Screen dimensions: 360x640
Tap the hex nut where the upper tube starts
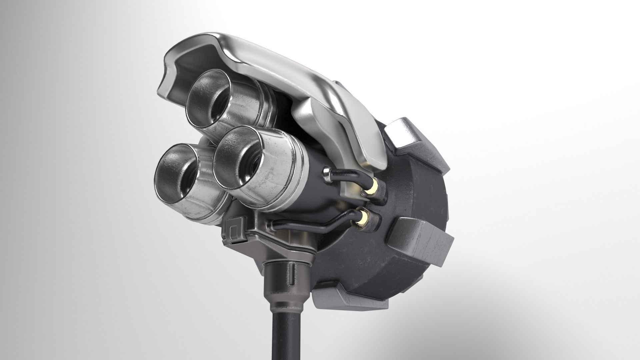(327, 175)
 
